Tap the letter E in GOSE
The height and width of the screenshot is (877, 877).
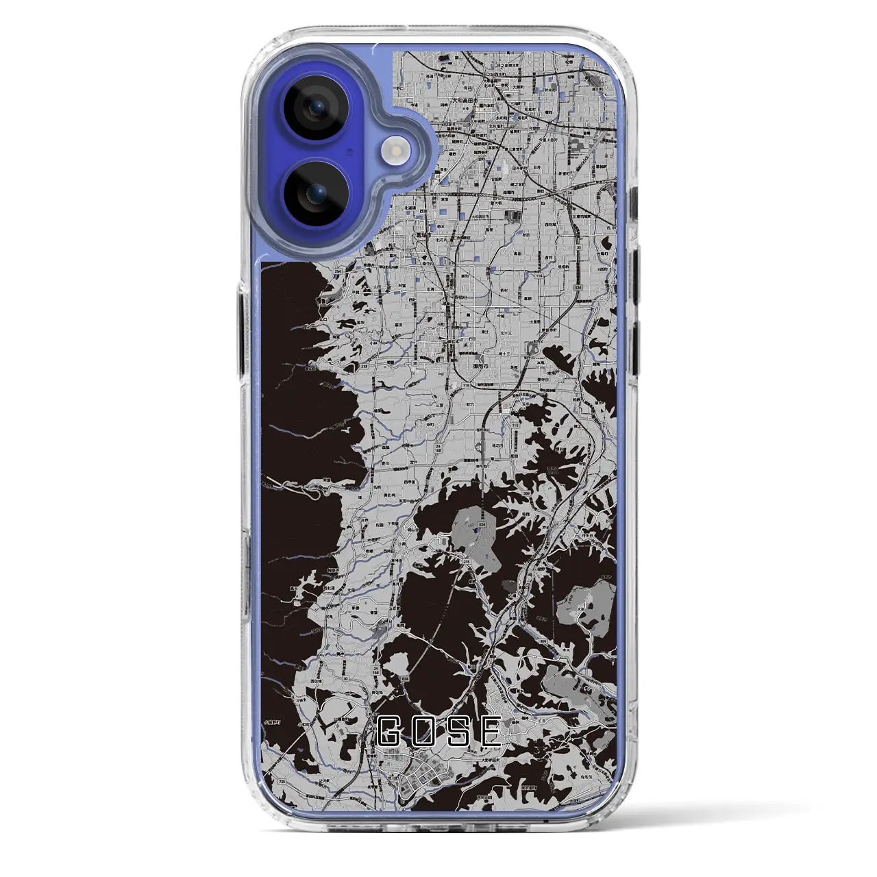pyautogui.click(x=489, y=732)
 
